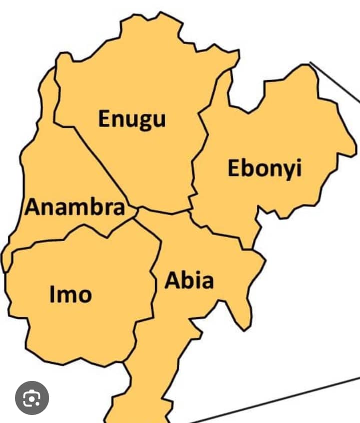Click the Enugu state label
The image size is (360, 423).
pos(132,119)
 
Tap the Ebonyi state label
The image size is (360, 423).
pos(265,168)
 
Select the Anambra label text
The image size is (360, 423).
pos(75,207)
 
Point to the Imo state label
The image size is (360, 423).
pos(71,294)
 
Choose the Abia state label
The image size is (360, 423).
pos(189,281)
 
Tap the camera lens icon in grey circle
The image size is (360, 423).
pos(32,398)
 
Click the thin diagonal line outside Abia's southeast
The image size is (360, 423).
pos(280,401)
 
